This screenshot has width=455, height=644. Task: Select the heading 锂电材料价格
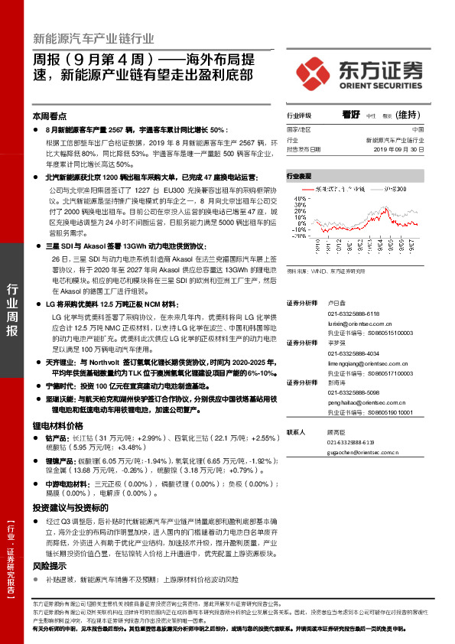[x=57, y=424]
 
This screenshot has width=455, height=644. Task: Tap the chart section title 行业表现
[x=299, y=175]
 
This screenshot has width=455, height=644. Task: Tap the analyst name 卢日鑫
[x=336, y=303]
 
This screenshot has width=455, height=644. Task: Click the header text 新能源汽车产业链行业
[x=93, y=37]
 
